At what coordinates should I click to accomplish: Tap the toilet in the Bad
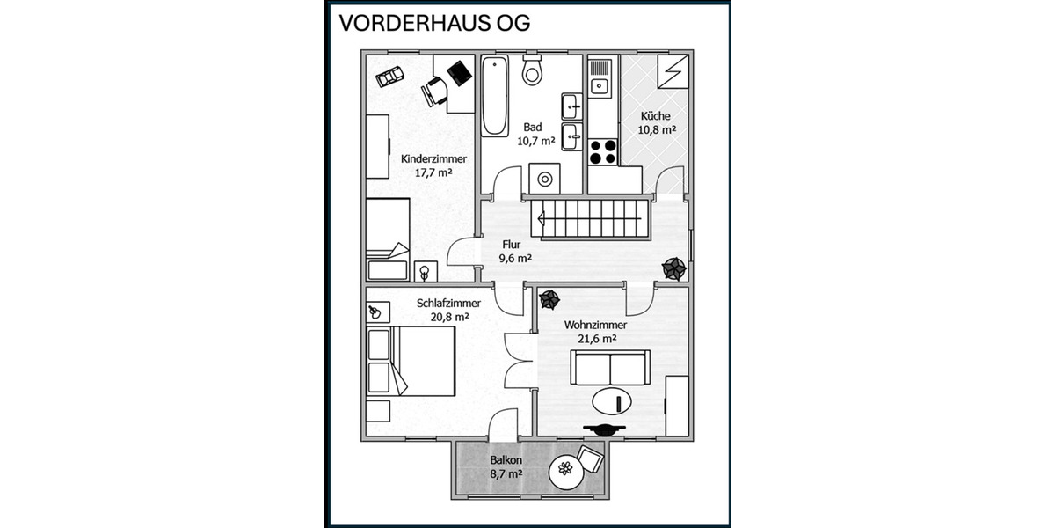point(532,70)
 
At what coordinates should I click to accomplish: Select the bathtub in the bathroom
point(495,96)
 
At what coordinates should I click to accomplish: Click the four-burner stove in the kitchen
point(602,151)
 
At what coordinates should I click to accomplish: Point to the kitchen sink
point(600,85)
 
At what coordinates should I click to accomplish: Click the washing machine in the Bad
point(545,180)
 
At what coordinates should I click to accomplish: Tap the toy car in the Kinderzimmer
point(389,77)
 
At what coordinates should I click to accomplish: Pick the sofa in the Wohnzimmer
point(610,367)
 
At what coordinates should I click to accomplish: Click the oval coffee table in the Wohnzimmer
point(614,402)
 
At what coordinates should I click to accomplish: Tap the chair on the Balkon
point(590,458)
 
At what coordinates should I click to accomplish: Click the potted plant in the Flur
point(674,268)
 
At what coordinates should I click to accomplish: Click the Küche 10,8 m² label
point(656,122)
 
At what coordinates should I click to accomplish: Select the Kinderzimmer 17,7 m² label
point(433,165)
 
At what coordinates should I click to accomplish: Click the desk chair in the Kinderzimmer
point(434,91)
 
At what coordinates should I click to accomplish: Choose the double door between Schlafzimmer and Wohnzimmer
point(520,361)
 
